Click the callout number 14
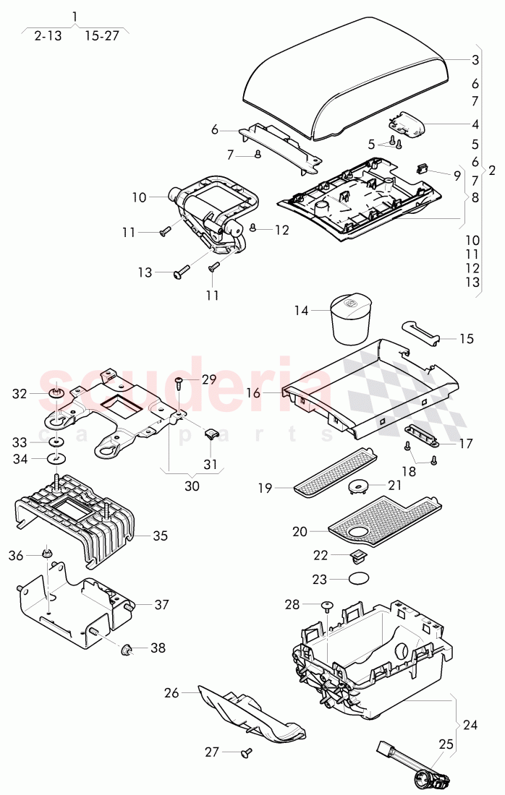301,311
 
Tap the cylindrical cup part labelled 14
350,319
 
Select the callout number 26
171,693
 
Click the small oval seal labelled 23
360,578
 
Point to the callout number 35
160,536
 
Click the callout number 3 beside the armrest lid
475,61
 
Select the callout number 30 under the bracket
192,486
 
